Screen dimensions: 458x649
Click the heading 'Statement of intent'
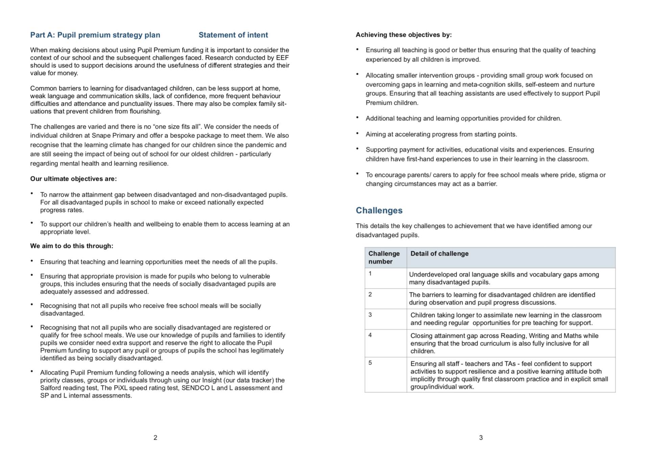tap(233, 35)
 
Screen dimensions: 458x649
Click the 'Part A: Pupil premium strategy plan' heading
tap(95, 35)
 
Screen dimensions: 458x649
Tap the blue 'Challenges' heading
tap(379, 210)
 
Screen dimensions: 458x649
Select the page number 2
tap(155, 437)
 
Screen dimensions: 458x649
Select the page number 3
tap(481, 437)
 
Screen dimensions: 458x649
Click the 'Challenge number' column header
tap(384, 257)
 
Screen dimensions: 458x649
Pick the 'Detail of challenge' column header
tap(439, 254)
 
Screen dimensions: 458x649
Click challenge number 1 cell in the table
tap(370, 274)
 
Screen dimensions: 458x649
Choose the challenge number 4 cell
tap(370, 335)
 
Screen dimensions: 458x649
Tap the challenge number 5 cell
tap(370, 363)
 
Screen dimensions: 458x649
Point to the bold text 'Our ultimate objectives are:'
tap(73, 179)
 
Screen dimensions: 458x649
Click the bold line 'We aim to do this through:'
tap(72, 246)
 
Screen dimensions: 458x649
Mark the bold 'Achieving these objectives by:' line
tap(404, 35)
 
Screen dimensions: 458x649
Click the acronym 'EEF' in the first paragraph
tap(282, 58)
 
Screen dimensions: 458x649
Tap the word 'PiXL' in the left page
tap(121, 388)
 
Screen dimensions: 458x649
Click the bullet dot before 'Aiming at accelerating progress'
tap(357, 133)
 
